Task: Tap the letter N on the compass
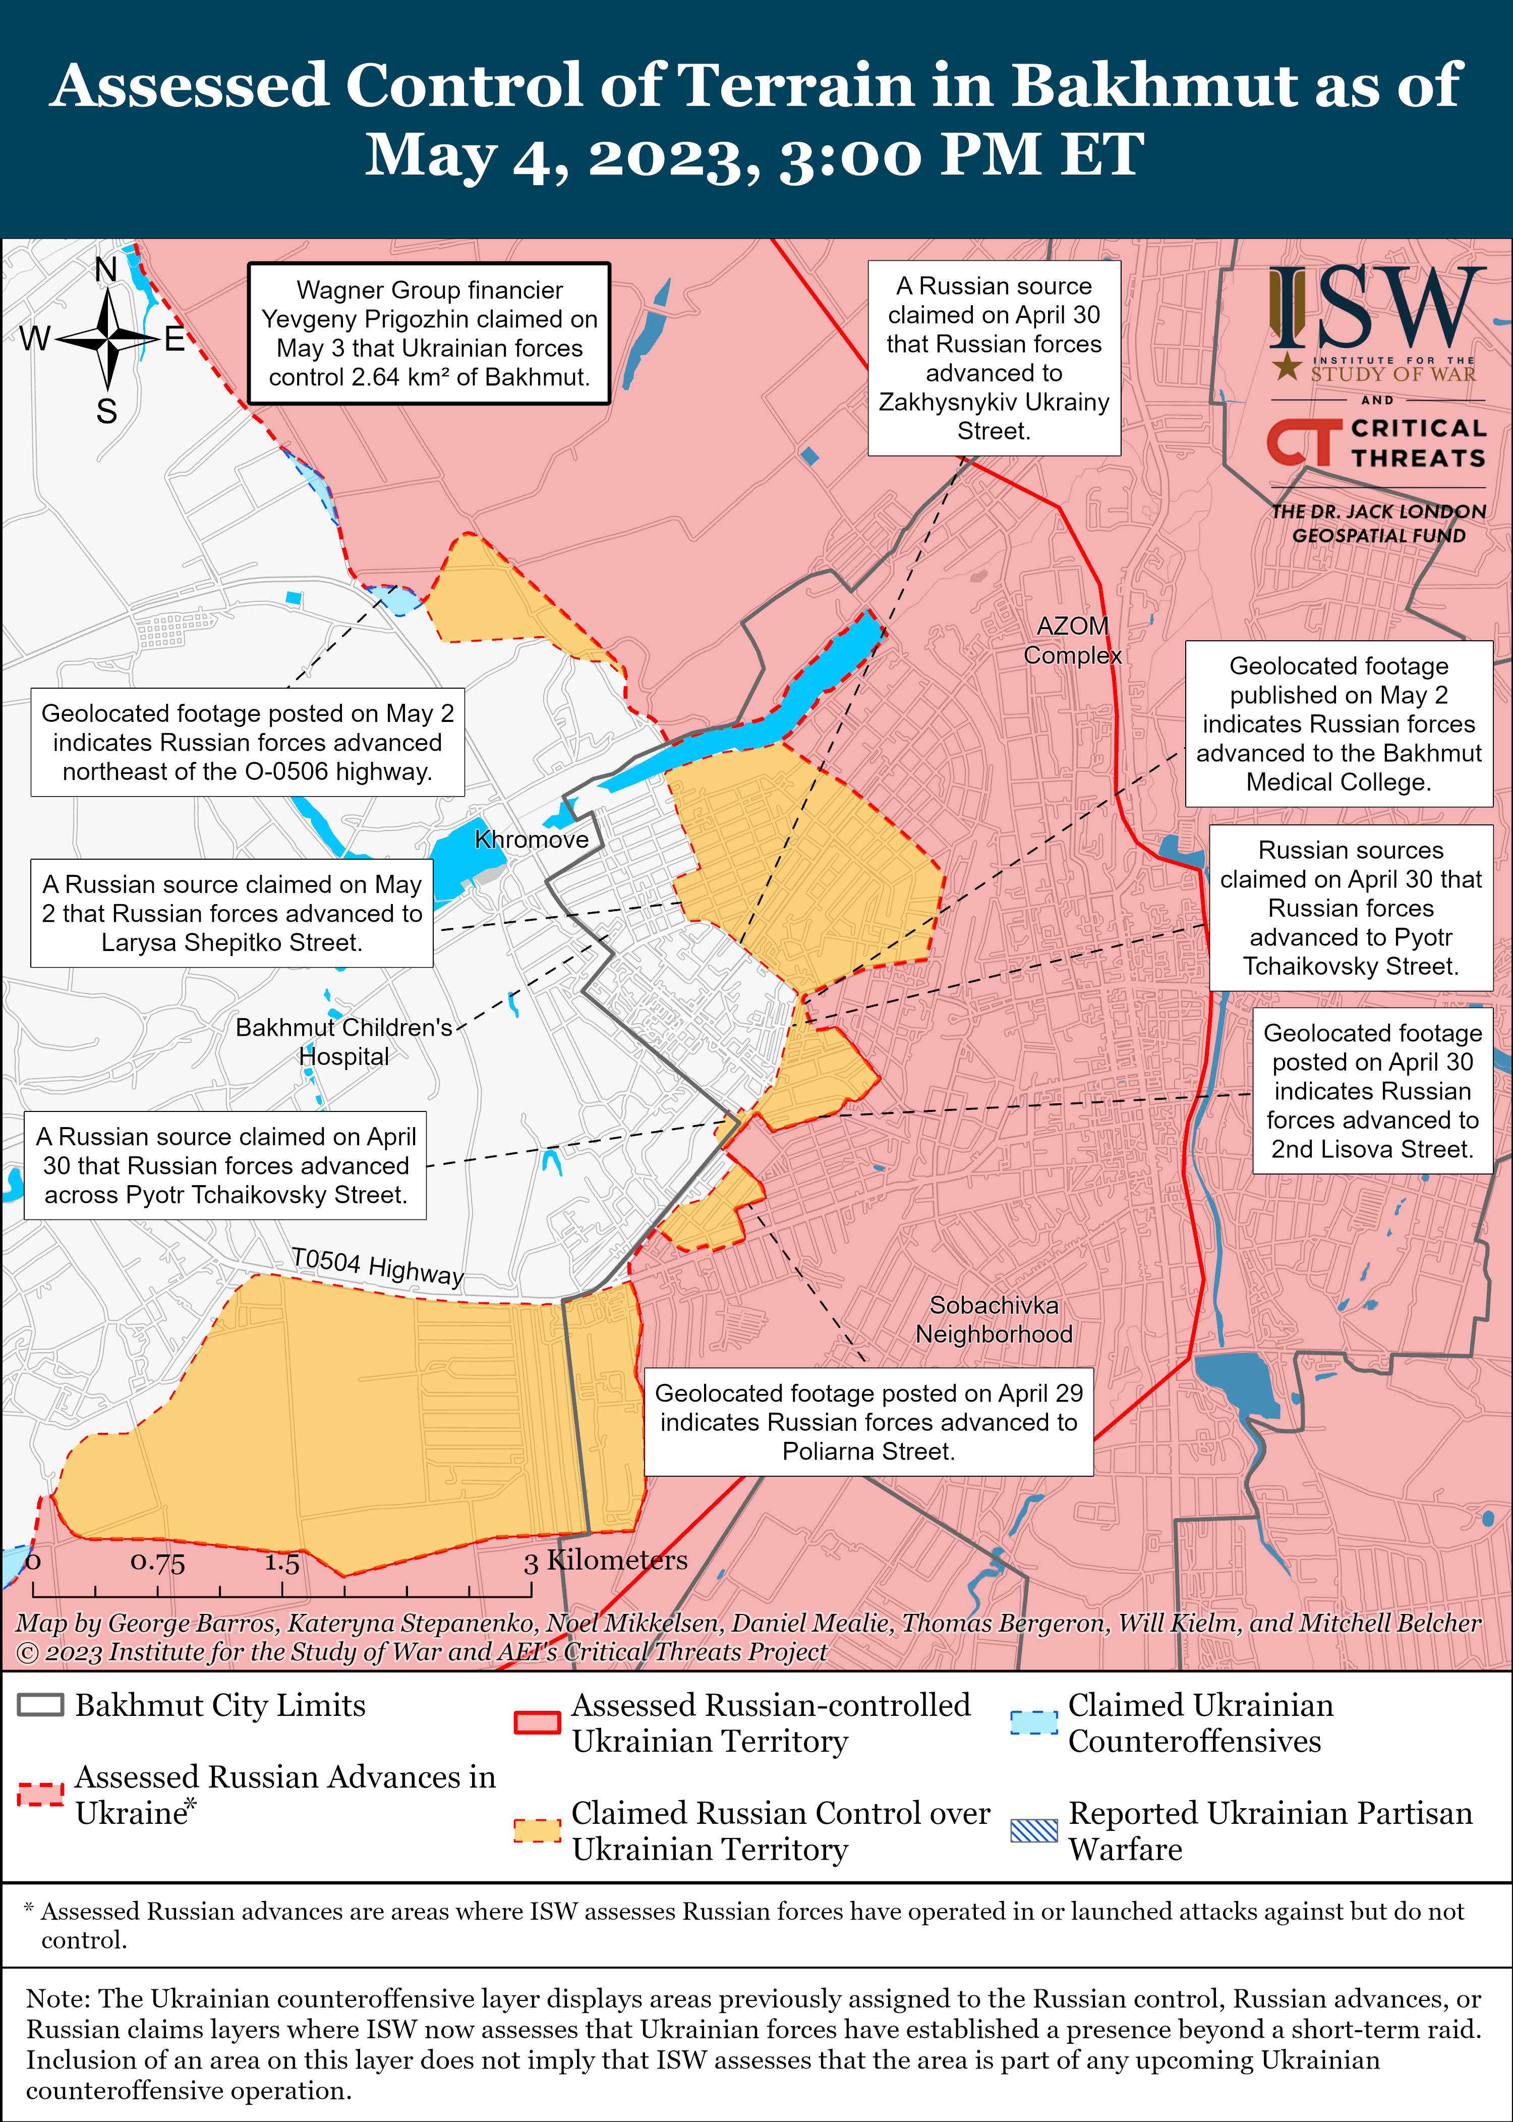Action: pyautogui.click(x=106, y=270)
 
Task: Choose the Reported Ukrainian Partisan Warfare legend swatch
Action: pyautogui.click(x=1034, y=1829)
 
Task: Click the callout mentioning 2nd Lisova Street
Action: pyautogui.click(x=1372, y=1090)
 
